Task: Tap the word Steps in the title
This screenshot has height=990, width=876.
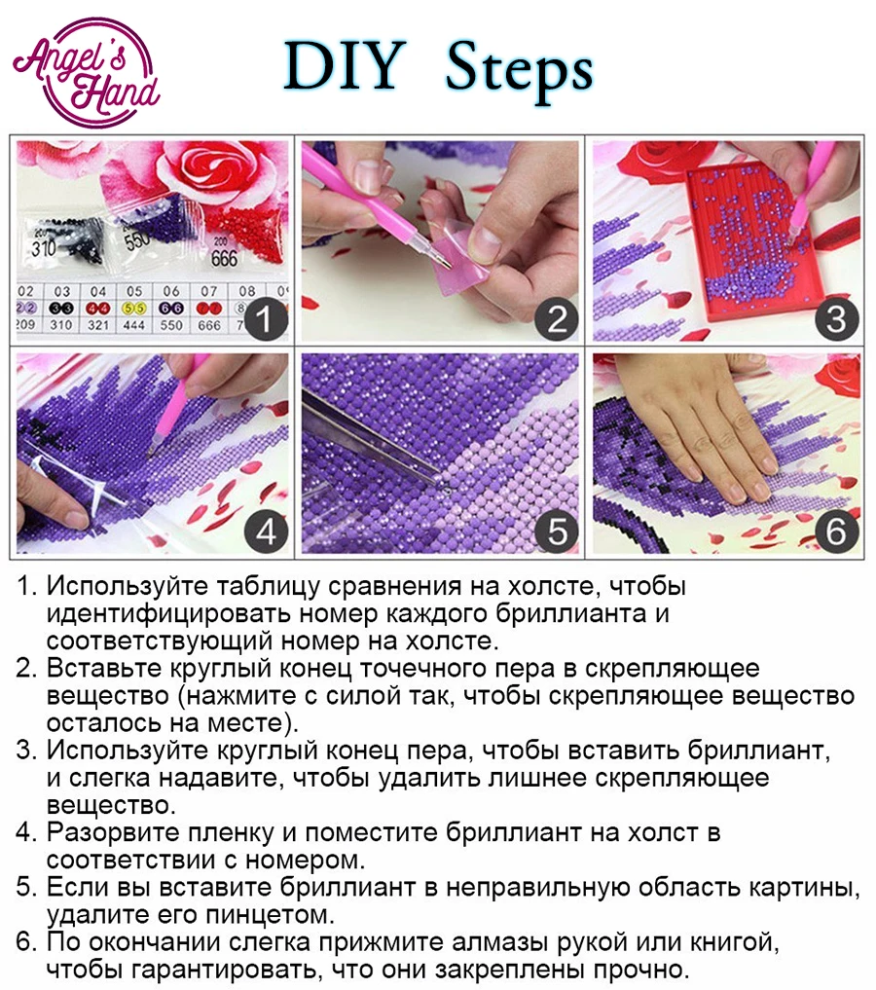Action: tap(519, 72)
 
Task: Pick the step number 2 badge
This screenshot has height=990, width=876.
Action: tap(556, 319)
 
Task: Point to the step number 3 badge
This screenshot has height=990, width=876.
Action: tap(836, 319)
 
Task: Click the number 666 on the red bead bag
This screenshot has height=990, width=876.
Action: tap(224, 258)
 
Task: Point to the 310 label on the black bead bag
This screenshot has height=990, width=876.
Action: tap(44, 248)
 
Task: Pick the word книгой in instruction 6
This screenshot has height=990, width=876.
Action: tap(735, 942)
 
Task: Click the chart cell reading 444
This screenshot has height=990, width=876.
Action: tap(134, 325)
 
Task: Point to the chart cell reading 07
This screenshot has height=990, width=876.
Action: tap(209, 291)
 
